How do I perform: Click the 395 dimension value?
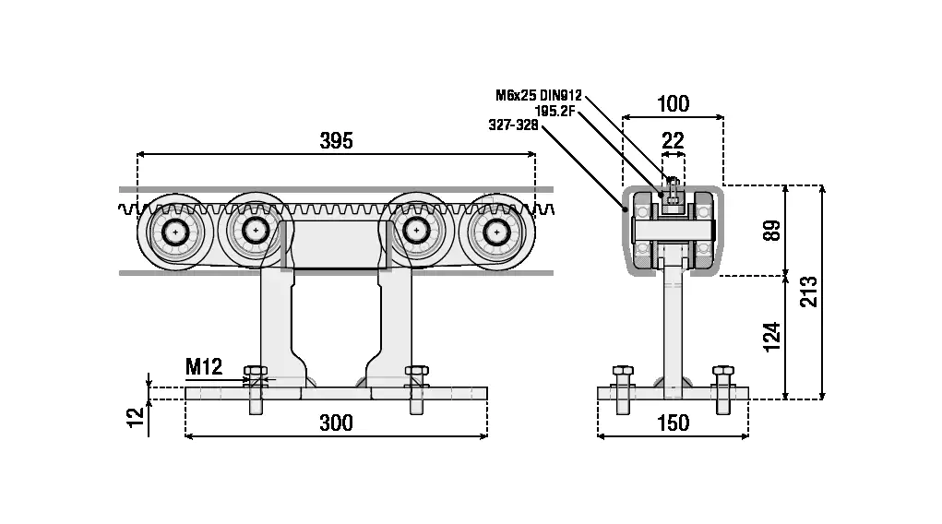click(336, 140)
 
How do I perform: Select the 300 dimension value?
click(336, 423)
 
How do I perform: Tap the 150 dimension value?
click(673, 423)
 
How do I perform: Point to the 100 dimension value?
click(673, 104)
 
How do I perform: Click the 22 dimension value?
click(673, 140)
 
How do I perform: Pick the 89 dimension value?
click(772, 230)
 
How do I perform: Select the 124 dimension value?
click(772, 337)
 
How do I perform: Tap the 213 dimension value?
click(809, 292)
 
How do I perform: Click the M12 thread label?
click(204, 366)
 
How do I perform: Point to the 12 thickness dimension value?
click(137, 417)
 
